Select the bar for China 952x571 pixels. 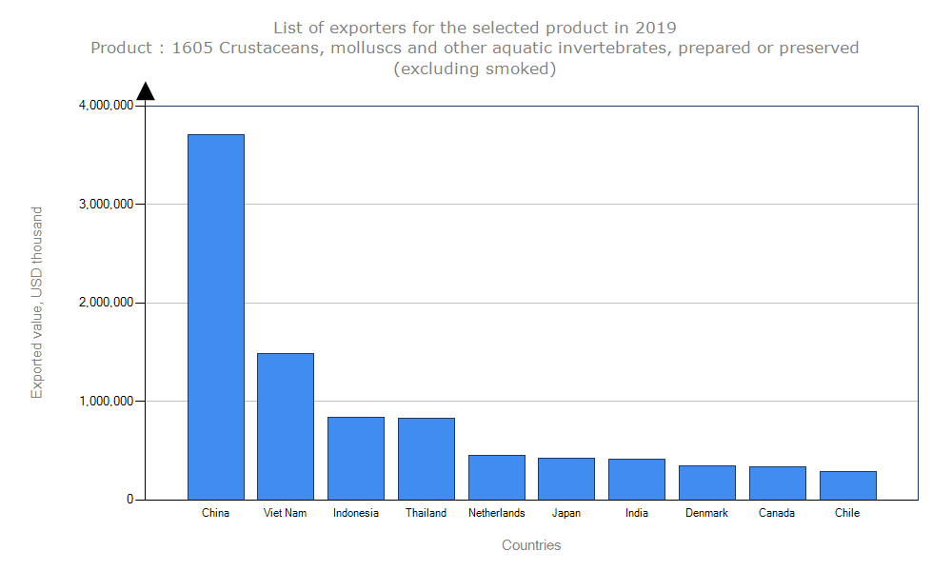216,317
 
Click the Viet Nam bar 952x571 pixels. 286,426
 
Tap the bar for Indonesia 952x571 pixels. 356,458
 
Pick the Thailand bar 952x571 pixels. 426,459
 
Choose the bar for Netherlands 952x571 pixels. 497,477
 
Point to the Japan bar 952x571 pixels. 566,479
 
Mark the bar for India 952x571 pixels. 637,479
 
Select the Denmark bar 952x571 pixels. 707,482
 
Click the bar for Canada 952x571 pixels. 778,482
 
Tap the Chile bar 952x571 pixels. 848,485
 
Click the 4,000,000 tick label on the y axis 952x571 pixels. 106,106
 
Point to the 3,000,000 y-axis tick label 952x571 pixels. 106,204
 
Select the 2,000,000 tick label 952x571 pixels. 106,303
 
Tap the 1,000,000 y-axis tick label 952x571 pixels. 106,401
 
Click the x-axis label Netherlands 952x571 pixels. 497,513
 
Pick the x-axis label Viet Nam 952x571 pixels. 286,513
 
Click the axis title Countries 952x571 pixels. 531,545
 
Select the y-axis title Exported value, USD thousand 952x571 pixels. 37,303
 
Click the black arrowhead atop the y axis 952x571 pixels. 146,91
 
